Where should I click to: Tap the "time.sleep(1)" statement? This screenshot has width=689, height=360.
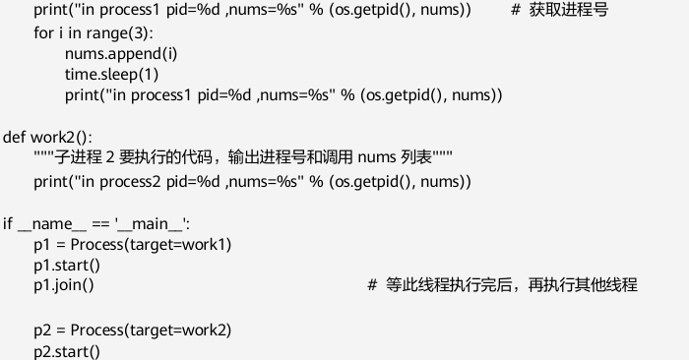tap(112, 74)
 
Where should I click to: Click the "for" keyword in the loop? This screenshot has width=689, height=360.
tap(43, 32)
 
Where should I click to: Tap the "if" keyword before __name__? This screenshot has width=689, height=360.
tap(8, 223)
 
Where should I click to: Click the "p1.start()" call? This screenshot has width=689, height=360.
tap(67, 265)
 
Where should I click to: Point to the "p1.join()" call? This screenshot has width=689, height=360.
tap(64, 285)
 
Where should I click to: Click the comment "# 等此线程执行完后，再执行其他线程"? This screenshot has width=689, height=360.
tap(502, 285)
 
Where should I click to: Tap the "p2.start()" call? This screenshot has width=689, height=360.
tap(67, 350)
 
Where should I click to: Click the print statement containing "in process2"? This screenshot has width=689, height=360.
tap(252, 181)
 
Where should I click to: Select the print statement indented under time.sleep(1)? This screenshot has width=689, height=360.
tap(283, 95)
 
